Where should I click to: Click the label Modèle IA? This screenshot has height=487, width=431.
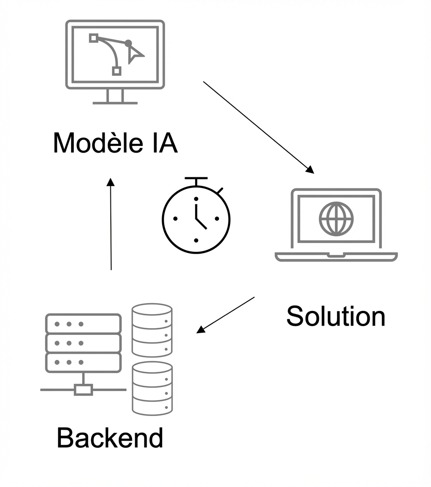(x=115, y=143)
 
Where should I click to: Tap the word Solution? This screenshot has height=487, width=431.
(x=336, y=316)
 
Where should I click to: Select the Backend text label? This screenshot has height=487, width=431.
(x=110, y=438)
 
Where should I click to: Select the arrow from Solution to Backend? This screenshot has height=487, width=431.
(x=226, y=315)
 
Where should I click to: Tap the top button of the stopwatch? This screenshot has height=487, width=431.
(x=196, y=179)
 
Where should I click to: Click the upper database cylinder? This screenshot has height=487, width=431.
(x=152, y=330)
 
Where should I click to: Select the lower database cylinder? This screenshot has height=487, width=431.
(x=152, y=388)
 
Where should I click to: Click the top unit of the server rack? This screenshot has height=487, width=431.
(x=83, y=324)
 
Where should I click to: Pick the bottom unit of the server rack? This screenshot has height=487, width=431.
(x=83, y=362)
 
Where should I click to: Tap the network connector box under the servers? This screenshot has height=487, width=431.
(x=83, y=390)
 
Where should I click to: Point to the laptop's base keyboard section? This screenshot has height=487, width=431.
(x=336, y=256)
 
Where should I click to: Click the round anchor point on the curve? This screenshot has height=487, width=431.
(x=129, y=43)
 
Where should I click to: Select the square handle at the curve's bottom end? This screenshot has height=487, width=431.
(x=117, y=71)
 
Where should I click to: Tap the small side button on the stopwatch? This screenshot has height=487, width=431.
(x=219, y=191)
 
